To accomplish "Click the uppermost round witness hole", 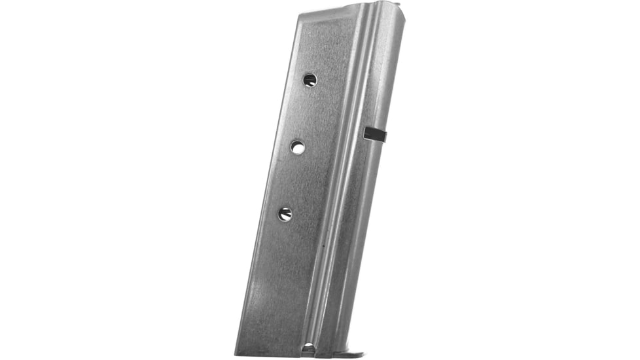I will pyautogui.click(x=310, y=80).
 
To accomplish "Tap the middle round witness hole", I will pyautogui.click(x=298, y=147).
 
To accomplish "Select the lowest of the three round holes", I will pyautogui.click(x=285, y=214).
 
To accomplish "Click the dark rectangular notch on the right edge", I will pyautogui.click(x=376, y=134).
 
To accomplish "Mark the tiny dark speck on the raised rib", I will pyautogui.click(x=323, y=247).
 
